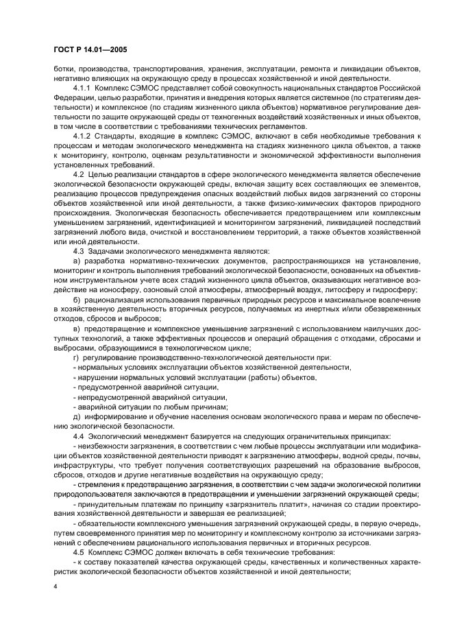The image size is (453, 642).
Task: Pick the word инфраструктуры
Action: pyautogui.click(x=85, y=465)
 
